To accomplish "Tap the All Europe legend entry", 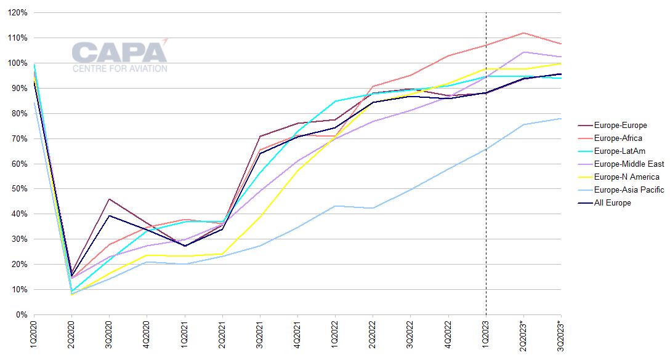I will (612, 203).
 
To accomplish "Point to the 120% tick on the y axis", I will (17, 13).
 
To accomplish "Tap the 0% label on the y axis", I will (21, 315).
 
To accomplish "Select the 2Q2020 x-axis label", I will (71, 334).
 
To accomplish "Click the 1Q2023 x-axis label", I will (486, 334).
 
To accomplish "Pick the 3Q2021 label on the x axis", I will (260, 334).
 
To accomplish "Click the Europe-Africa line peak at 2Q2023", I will (523, 33).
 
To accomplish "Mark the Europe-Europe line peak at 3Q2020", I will (109, 199).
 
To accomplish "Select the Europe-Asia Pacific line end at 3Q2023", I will (560, 118).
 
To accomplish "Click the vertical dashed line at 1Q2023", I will (486, 185).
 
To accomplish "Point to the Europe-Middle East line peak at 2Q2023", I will (523, 52).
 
